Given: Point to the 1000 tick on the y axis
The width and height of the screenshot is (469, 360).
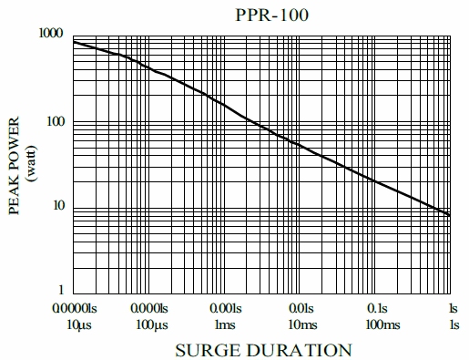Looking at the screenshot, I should pos(50,34).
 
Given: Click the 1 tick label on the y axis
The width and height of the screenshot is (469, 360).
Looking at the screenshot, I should pos(59,292).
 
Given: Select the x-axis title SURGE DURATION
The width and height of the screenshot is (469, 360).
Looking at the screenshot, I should pos(263,350).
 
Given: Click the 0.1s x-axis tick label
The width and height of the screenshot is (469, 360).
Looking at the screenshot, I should pos(377,308).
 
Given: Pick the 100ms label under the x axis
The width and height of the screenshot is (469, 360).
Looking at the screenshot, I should pos(377,324).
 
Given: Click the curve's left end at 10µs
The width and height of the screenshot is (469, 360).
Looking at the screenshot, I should pos(73,42).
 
